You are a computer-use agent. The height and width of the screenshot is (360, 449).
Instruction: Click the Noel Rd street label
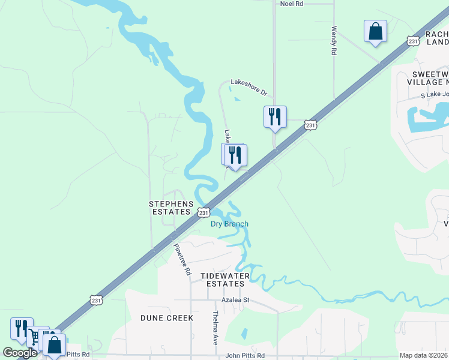292,4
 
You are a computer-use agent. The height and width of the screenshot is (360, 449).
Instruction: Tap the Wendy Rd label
334,40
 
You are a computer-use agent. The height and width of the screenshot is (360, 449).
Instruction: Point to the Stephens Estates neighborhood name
171,208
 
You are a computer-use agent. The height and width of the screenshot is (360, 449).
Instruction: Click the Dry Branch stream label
229,224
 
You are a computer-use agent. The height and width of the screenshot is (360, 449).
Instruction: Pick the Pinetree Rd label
182,259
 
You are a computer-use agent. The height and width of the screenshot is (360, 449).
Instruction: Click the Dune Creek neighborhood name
167,317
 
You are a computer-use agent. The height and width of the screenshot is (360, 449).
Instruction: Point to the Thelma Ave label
214,327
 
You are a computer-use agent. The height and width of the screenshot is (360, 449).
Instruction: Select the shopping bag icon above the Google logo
54,345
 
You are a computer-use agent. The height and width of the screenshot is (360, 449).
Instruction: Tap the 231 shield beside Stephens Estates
203,212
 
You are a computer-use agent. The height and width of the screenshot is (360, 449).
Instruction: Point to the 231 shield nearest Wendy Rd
412,41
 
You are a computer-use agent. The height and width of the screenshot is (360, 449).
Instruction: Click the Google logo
20,353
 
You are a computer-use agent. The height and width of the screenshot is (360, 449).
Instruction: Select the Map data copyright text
424,355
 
